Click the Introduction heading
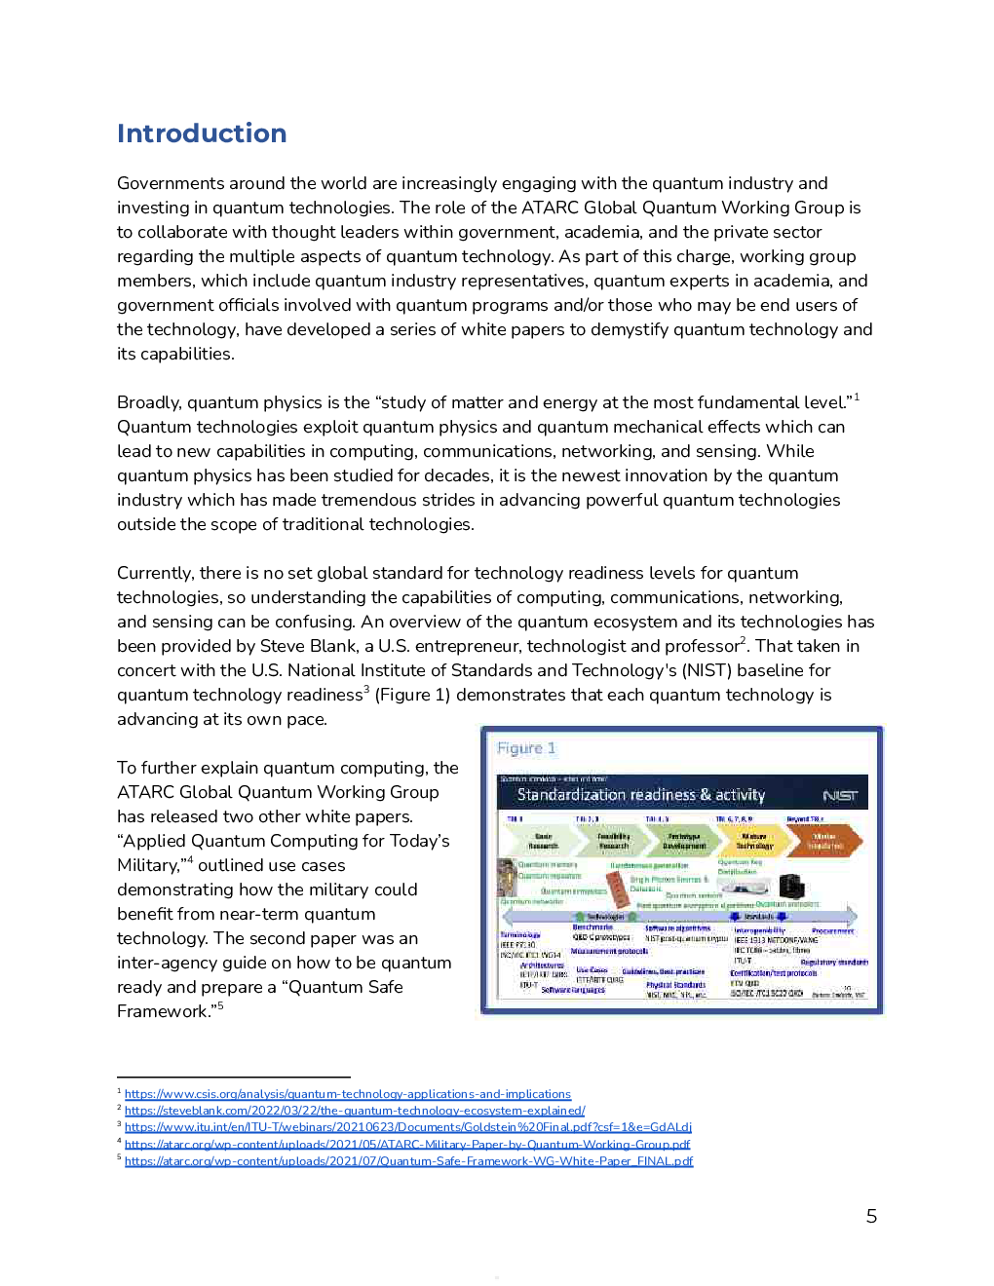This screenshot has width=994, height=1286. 202,133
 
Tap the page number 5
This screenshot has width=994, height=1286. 871,1216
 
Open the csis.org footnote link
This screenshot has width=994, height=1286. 347,1094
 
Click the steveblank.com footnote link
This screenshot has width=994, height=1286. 355,1111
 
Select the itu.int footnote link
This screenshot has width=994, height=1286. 407,1127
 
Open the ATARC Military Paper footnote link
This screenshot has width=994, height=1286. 406,1145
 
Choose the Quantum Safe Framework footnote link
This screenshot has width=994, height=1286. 408,1161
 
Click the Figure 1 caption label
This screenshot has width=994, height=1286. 526,748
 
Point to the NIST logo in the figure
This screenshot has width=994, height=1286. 840,796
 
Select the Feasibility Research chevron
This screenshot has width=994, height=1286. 613,841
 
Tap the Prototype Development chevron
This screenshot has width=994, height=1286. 683,841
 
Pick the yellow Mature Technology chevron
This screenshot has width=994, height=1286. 754,841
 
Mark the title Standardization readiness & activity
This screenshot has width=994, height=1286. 640,795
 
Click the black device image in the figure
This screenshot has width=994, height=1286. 791,886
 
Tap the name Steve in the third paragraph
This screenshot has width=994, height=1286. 283,646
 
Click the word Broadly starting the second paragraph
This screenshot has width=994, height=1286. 149,402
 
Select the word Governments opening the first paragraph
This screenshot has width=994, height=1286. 171,183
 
